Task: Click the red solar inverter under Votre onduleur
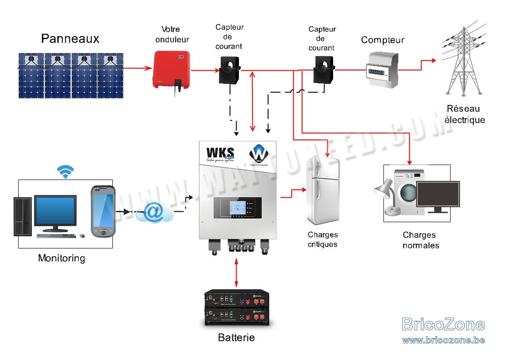[x=170, y=69]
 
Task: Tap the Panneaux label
[x=70, y=39]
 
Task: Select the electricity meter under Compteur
[x=382, y=70]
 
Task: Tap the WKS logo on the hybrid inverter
[x=220, y=151]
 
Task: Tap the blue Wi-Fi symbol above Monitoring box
[x=66, y=171]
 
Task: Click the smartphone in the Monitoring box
[x=103, y=211]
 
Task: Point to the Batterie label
[x=236, y=338]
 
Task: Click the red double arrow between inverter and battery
[x=237, y=272]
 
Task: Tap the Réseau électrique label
[x=465, y=114]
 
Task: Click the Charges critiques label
[x=323, y=239]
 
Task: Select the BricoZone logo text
[x=443, y=325]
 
